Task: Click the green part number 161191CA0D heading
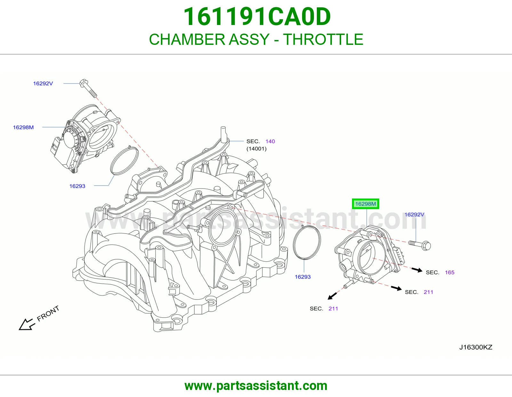pos(257,17)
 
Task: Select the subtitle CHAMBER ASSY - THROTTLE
pos(256,39)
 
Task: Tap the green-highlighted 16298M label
pos(365,204)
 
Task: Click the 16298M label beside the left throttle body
pos(23,127)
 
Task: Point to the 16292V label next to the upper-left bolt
pos(43,84)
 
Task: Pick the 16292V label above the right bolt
pos(414,215)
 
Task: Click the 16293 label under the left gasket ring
pos(77,186)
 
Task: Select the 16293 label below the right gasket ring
pos(303,277)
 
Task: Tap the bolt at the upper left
pos(88,88)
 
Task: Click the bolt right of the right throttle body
pos(420,246)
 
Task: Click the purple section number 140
pos(270,141)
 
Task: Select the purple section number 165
pos(450,272)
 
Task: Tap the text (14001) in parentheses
pos(256,149)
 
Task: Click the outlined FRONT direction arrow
pos(27,325)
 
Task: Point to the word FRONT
pos(48,313)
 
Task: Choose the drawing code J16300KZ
pos(476,347)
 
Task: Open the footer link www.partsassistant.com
pos(256,386)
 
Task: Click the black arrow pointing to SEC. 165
pos(417,270)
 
